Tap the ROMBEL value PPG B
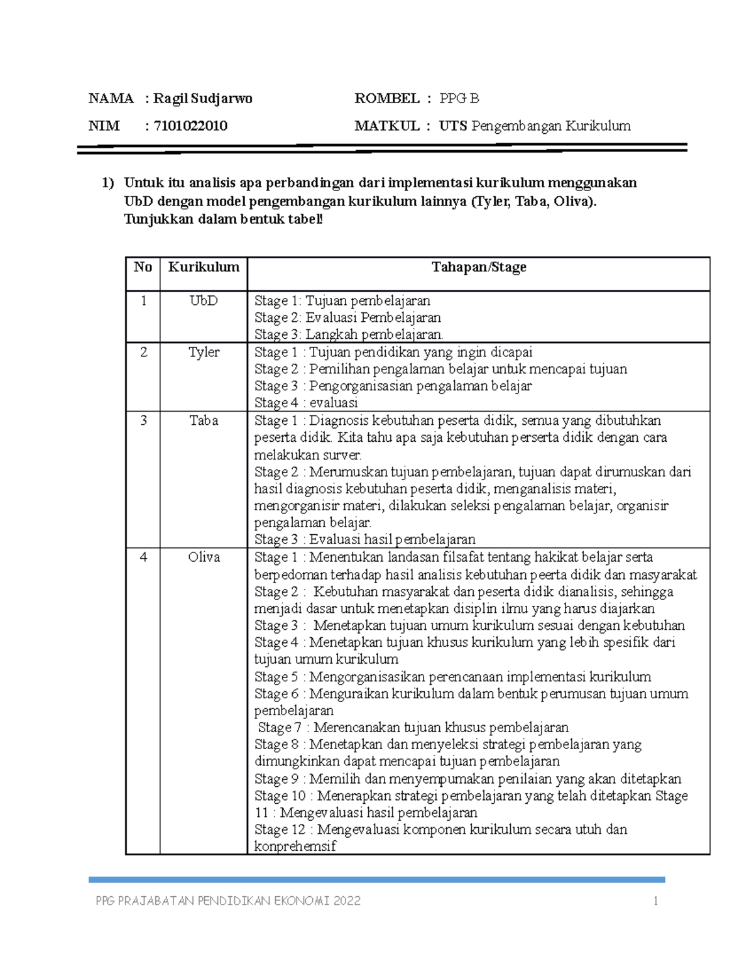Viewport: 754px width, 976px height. (x=459, y=99)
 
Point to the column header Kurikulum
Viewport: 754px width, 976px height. (x=204, y=267)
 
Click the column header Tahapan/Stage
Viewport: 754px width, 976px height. (x=478, y=267)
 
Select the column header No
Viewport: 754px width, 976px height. (x=143, y=267)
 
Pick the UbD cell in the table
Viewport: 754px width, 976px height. (x=204, y=301)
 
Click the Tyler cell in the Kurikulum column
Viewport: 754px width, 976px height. (x=204, y=353)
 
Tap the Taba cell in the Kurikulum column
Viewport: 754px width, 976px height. (x=204, y=421)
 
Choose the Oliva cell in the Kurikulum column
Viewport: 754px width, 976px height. (x=204, y=557)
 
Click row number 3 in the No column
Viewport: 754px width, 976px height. (x=143, y=421)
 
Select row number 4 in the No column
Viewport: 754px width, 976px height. (x=143, y=557)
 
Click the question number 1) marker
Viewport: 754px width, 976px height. (x=108, y=183)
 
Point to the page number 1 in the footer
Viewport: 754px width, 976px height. (x=655, y=901)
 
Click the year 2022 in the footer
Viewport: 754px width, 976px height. (x=347, y=901)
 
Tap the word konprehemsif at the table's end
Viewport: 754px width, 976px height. (x=295, y=847)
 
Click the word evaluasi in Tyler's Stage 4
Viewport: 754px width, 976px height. (x=333, y=403)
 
